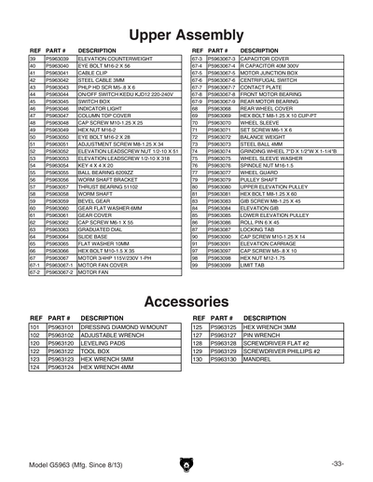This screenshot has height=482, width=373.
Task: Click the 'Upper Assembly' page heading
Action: (186, 35)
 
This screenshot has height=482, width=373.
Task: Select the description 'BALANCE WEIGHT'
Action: (249, 135)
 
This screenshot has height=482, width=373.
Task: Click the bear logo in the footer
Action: (186, 462)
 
